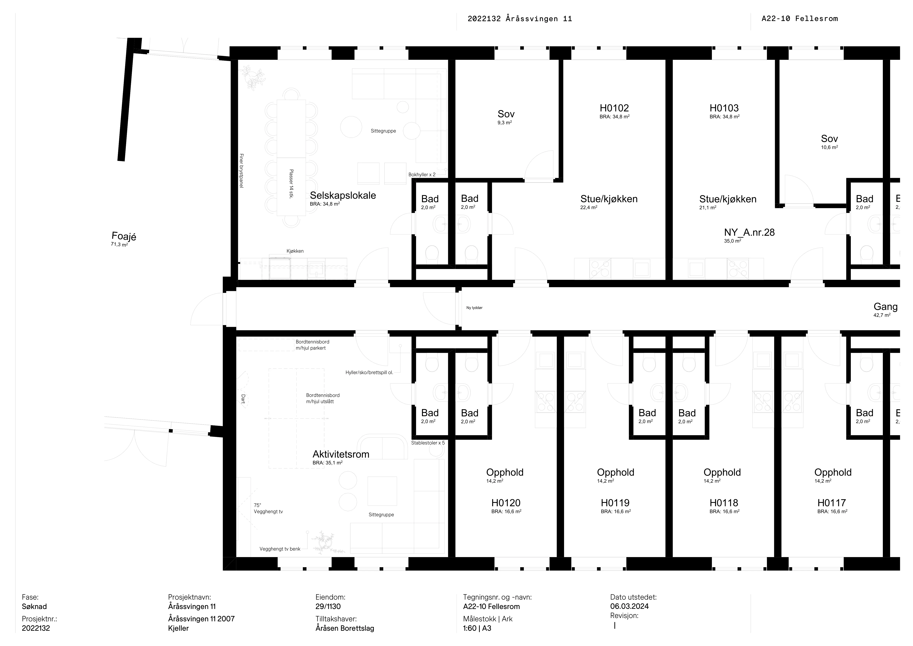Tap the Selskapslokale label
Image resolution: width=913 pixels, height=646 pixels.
click(x=343, y=195)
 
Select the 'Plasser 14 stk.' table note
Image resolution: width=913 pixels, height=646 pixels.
click(x=292, y=184)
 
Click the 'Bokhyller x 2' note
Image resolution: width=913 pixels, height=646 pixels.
click(x=422, y=175)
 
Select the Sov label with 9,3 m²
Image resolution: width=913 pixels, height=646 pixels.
click(x=506, y=114)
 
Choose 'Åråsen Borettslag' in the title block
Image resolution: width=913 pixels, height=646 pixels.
click(x=345, y=629)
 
